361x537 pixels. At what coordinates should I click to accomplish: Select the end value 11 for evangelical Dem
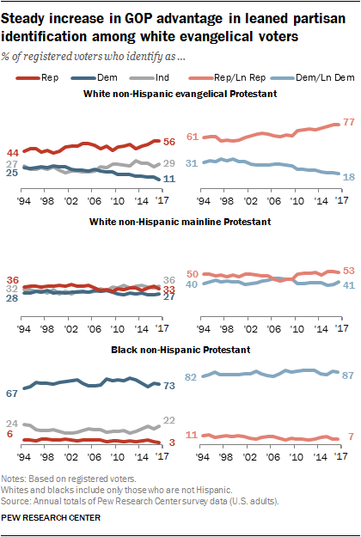tap(169, 178)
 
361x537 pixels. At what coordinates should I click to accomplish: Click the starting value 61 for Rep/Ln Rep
tap(193, 137)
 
